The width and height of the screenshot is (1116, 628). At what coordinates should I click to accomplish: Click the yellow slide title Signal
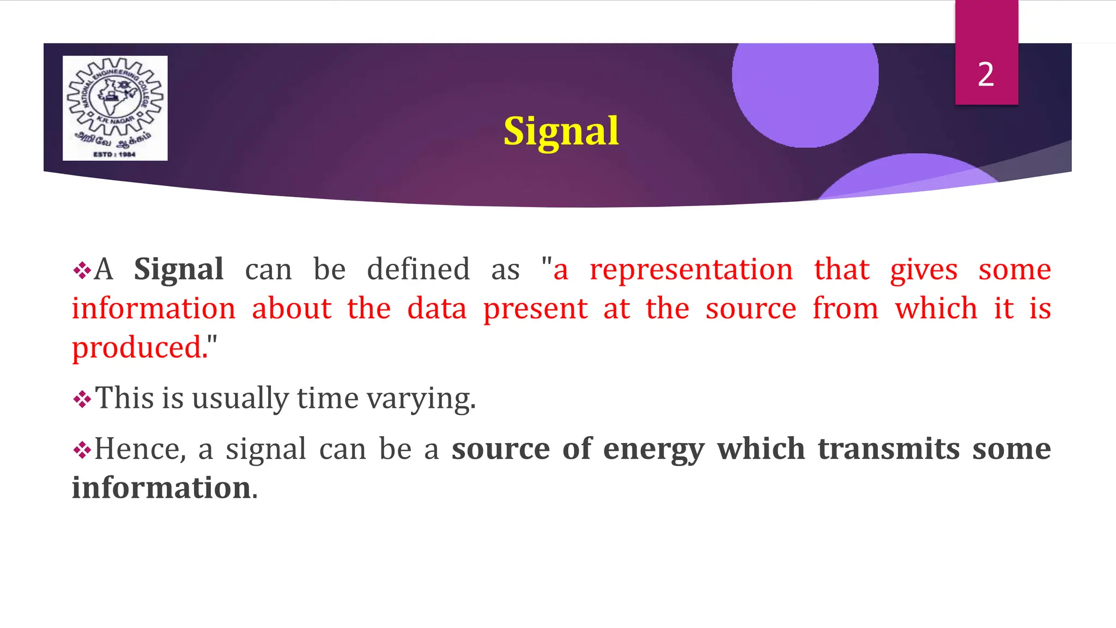click(x=561, y=131)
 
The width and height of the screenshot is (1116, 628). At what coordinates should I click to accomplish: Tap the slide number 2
click(x=986, y=75)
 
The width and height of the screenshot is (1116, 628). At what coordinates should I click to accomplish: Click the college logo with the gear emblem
click(x=115, y=107)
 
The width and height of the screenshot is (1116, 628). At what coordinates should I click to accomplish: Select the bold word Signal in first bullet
click(x=179, y=269)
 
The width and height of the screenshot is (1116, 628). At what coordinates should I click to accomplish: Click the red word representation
click(x=691, y=269)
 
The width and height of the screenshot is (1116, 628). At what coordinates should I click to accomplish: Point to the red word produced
click(x=139, y=348)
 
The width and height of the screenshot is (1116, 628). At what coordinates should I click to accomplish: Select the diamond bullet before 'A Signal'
click(x=82, y=270)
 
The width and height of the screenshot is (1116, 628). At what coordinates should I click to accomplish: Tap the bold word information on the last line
click(x=161, y=488)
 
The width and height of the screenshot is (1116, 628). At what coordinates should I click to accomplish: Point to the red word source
click(x=751, y=309)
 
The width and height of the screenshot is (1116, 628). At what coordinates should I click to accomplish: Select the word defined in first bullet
click(x=418, y=269)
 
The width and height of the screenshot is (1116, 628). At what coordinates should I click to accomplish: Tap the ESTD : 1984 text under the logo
click(x=114, y=155)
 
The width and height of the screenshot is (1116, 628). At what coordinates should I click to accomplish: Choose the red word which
click(x=936, y=309)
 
